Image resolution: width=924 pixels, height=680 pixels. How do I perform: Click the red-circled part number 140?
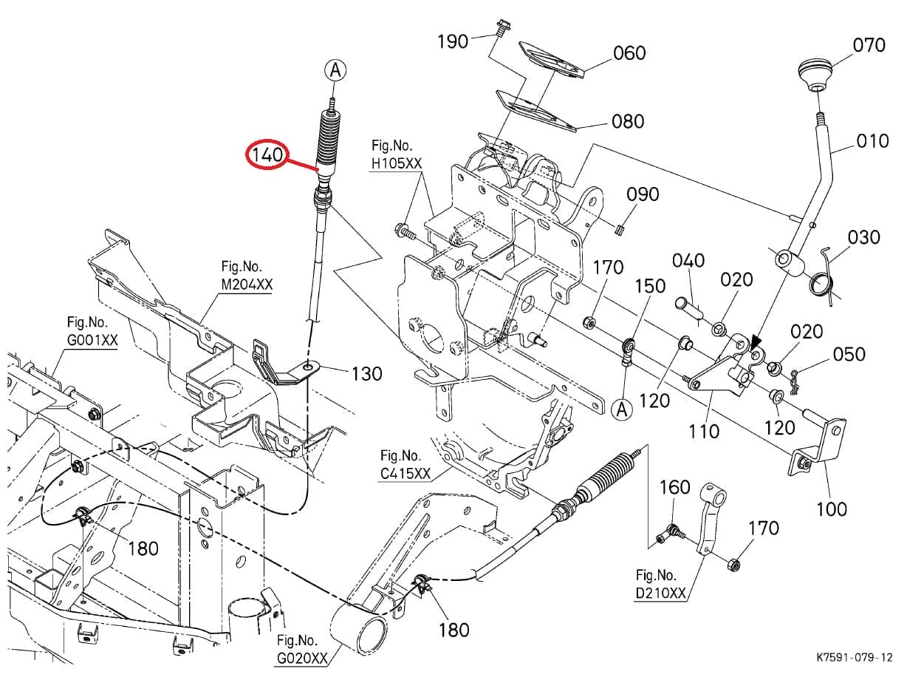(267, 154)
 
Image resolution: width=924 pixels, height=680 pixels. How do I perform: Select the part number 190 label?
(453, 41)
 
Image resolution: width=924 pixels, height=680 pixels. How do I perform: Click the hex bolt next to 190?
(502, 29)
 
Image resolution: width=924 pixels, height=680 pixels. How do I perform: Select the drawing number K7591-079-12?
(855, 657)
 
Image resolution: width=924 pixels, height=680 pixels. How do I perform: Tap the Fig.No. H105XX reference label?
(397, 154)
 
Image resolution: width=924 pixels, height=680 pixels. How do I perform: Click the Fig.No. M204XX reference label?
(246, 276)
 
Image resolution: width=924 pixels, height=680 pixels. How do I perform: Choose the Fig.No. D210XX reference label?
(660, 584)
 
